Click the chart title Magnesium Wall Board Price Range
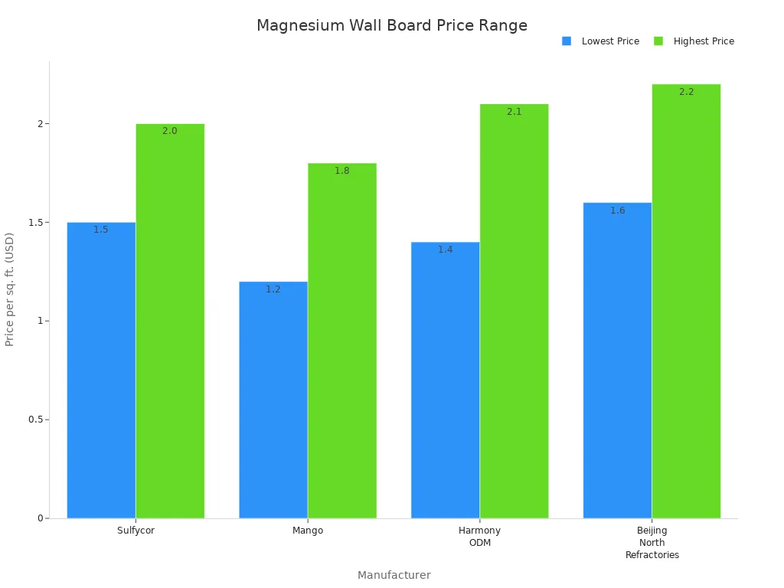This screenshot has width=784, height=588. [391, 25]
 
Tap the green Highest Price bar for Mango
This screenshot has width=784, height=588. [341, 341]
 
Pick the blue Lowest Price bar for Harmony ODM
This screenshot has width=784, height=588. [445, 380]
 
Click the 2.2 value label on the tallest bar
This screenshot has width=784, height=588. [686, 92]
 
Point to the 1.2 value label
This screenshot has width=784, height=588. [273, 289]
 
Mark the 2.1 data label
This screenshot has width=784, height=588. [514, 112]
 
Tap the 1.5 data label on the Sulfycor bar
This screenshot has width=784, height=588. [101, 230]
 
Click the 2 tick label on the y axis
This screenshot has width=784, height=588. [40, 124]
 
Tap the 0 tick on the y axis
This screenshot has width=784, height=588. [40, 518]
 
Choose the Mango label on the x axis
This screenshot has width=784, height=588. [308, 531]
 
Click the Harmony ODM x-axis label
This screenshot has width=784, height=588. [479, 537]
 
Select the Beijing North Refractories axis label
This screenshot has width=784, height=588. [652, 543]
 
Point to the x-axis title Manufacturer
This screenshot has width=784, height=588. [394, 575]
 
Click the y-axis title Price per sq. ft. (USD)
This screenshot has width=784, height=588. [10, 289]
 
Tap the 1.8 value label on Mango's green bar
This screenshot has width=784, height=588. [341, 171]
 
